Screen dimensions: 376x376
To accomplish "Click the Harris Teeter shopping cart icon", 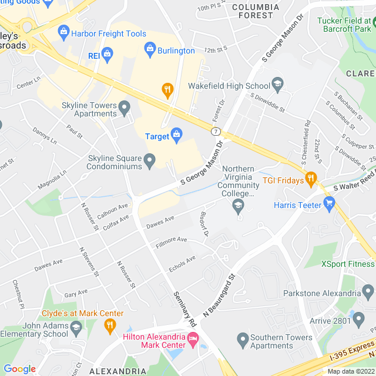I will coord(329,204).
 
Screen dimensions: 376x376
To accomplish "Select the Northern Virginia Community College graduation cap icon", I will coord(239,206).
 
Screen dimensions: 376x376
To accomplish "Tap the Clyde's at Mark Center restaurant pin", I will coord(109,325).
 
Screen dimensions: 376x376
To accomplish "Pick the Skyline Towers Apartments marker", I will coord(124,108).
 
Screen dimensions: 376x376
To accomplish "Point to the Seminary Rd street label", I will coord(184,309).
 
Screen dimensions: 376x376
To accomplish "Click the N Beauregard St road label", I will coord(219,296).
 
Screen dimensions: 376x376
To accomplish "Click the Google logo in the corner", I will coord(19,368).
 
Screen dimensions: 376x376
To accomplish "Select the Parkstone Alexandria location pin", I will coord(368,291).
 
